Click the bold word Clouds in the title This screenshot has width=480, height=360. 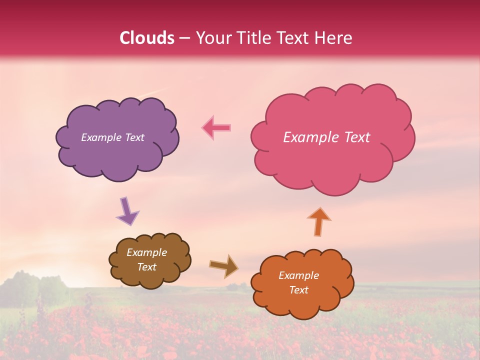[x=147, y=38]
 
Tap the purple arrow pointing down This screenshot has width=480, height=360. [x=127, y=210]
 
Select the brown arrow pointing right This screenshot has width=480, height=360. [x=223, y=265]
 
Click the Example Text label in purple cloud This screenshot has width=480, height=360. [x=112, y=137]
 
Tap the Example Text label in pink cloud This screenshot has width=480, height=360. [x=326, y=137]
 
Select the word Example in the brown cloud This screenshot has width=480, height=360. [x=146, y=252]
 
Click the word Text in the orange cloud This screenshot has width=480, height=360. [x=298, y=290]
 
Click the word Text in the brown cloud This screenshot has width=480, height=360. [x=146, y=267]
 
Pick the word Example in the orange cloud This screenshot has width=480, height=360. [x=298, y=275]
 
